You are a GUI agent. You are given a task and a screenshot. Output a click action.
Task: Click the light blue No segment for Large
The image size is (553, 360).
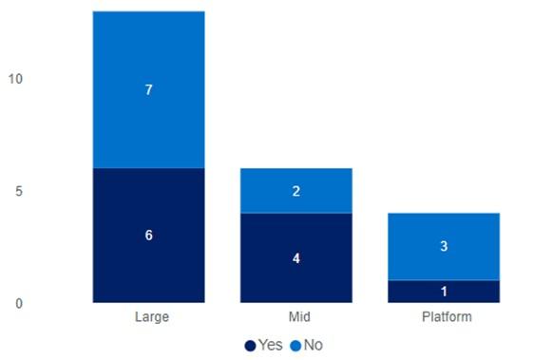148,89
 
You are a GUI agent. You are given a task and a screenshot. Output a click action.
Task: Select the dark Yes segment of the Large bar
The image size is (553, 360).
148,236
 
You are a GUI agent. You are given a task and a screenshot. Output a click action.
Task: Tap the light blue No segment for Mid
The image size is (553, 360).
296,191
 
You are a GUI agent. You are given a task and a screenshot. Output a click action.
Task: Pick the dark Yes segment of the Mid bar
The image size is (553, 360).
296,257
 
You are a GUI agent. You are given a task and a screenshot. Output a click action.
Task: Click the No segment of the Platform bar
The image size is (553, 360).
444,247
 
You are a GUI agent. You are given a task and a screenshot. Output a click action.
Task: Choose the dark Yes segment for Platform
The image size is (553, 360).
444,292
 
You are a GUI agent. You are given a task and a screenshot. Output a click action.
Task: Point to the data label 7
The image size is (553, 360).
149,90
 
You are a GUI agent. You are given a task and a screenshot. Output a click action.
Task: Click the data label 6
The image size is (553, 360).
149,236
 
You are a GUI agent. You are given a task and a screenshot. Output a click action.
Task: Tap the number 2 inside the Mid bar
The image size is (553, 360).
296,191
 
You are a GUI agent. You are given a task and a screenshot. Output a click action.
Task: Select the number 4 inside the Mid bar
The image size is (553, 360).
296,258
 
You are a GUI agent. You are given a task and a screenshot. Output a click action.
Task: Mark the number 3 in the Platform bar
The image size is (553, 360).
444,246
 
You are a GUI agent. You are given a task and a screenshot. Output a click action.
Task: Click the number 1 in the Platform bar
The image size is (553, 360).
444,292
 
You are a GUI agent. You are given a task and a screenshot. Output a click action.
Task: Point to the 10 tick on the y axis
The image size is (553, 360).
15,79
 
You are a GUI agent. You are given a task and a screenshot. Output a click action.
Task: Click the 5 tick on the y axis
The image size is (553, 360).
19,191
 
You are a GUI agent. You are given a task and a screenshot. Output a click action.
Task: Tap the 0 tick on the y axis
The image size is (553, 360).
19,303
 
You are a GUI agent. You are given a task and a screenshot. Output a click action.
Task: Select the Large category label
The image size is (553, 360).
152,317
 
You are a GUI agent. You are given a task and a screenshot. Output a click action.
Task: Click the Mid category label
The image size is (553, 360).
299,316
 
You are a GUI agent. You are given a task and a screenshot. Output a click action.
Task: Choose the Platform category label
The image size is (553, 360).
447,316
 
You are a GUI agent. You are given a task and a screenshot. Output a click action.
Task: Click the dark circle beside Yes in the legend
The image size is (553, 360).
250,346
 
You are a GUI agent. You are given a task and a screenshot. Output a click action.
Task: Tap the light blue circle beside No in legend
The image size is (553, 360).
296,346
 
